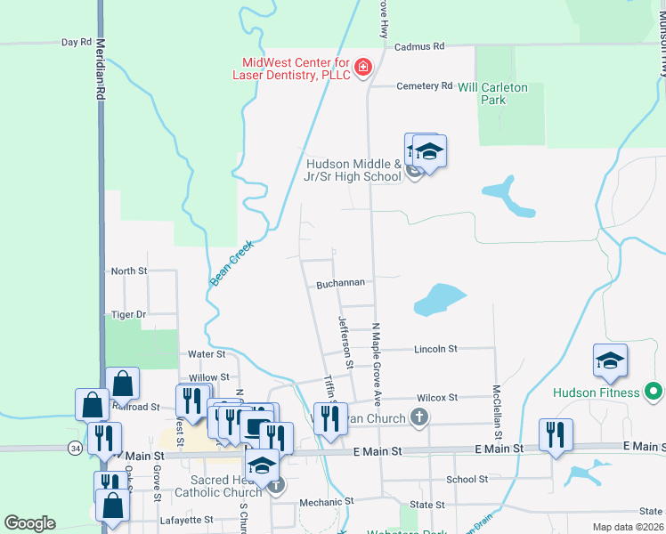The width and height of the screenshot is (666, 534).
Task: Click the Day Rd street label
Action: (77, 42)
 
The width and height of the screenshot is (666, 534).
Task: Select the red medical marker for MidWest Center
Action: (362, 68)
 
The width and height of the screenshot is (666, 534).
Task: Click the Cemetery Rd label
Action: (424, 86)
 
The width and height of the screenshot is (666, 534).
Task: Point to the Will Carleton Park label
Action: (492, 93)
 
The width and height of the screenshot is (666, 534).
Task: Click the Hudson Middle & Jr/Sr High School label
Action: (353, 170)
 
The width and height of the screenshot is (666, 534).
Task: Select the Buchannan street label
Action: (340, 284)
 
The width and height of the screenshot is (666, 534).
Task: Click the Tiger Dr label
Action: (128, 314)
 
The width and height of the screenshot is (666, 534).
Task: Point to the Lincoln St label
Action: (435, 349)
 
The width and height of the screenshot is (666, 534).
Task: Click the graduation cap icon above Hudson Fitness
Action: (610, 360)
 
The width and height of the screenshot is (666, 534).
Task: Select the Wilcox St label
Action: (435, 398)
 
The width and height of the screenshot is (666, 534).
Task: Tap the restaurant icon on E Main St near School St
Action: (556, 435)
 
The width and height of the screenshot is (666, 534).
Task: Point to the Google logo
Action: (30, 523)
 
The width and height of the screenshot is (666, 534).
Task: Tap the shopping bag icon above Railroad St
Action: (123, 384)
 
